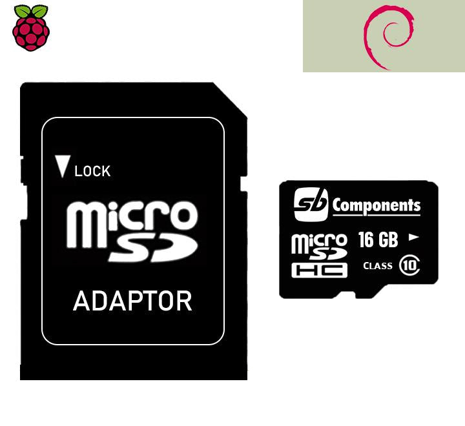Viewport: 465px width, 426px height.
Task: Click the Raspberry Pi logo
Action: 30,26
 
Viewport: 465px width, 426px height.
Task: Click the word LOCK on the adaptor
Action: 92,171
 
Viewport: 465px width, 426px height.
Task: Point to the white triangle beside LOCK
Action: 63,167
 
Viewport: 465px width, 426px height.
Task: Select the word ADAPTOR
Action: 132,301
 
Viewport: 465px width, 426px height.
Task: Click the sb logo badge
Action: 311,205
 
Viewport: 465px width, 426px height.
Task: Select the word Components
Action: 377,206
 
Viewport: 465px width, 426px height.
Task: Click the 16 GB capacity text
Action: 378,239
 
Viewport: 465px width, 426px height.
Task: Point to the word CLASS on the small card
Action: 378,265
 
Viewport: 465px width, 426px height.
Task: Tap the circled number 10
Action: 409,265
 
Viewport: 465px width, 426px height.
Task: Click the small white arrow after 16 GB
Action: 414,238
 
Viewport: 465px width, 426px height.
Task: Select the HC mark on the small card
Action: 319,270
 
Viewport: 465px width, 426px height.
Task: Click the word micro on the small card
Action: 319,242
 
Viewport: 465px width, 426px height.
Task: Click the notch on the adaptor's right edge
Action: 244,185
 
